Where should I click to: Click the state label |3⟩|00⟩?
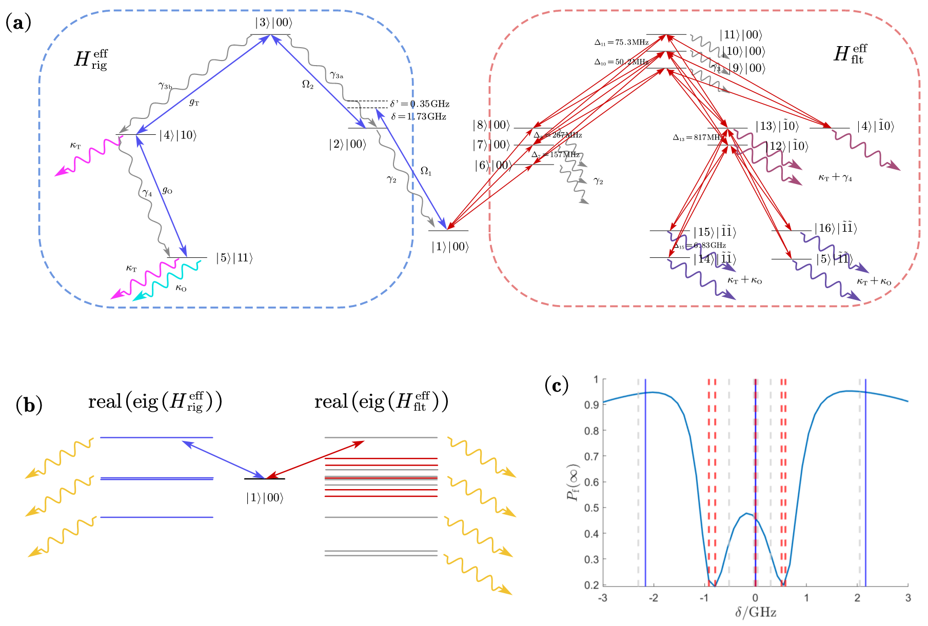tap(273, 23)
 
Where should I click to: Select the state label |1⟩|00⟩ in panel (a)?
tap(450, 247)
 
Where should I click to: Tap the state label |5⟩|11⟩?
tap(234, 258)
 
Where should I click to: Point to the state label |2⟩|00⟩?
tap(348, 145)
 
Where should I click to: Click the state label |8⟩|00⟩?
tap(491, 126)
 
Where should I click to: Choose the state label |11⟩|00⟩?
tap(741, 35)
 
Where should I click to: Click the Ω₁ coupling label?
tap(426, 171)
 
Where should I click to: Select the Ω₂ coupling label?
tap(308, 85)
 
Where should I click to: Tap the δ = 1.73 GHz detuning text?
tap(419, 117)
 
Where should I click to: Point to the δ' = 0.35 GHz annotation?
tap(420, 104)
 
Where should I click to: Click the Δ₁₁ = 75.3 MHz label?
tap(621, 43)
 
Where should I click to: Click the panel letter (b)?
tap(29, 405)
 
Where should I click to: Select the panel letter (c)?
tap(556, 385)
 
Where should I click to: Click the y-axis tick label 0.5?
tap(591, 508)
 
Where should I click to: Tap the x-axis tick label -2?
tap(653, 598)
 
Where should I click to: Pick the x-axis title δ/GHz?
tap(756, 613)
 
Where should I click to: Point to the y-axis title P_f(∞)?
tap(574, 482)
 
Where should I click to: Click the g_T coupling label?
tap(194, 103)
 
